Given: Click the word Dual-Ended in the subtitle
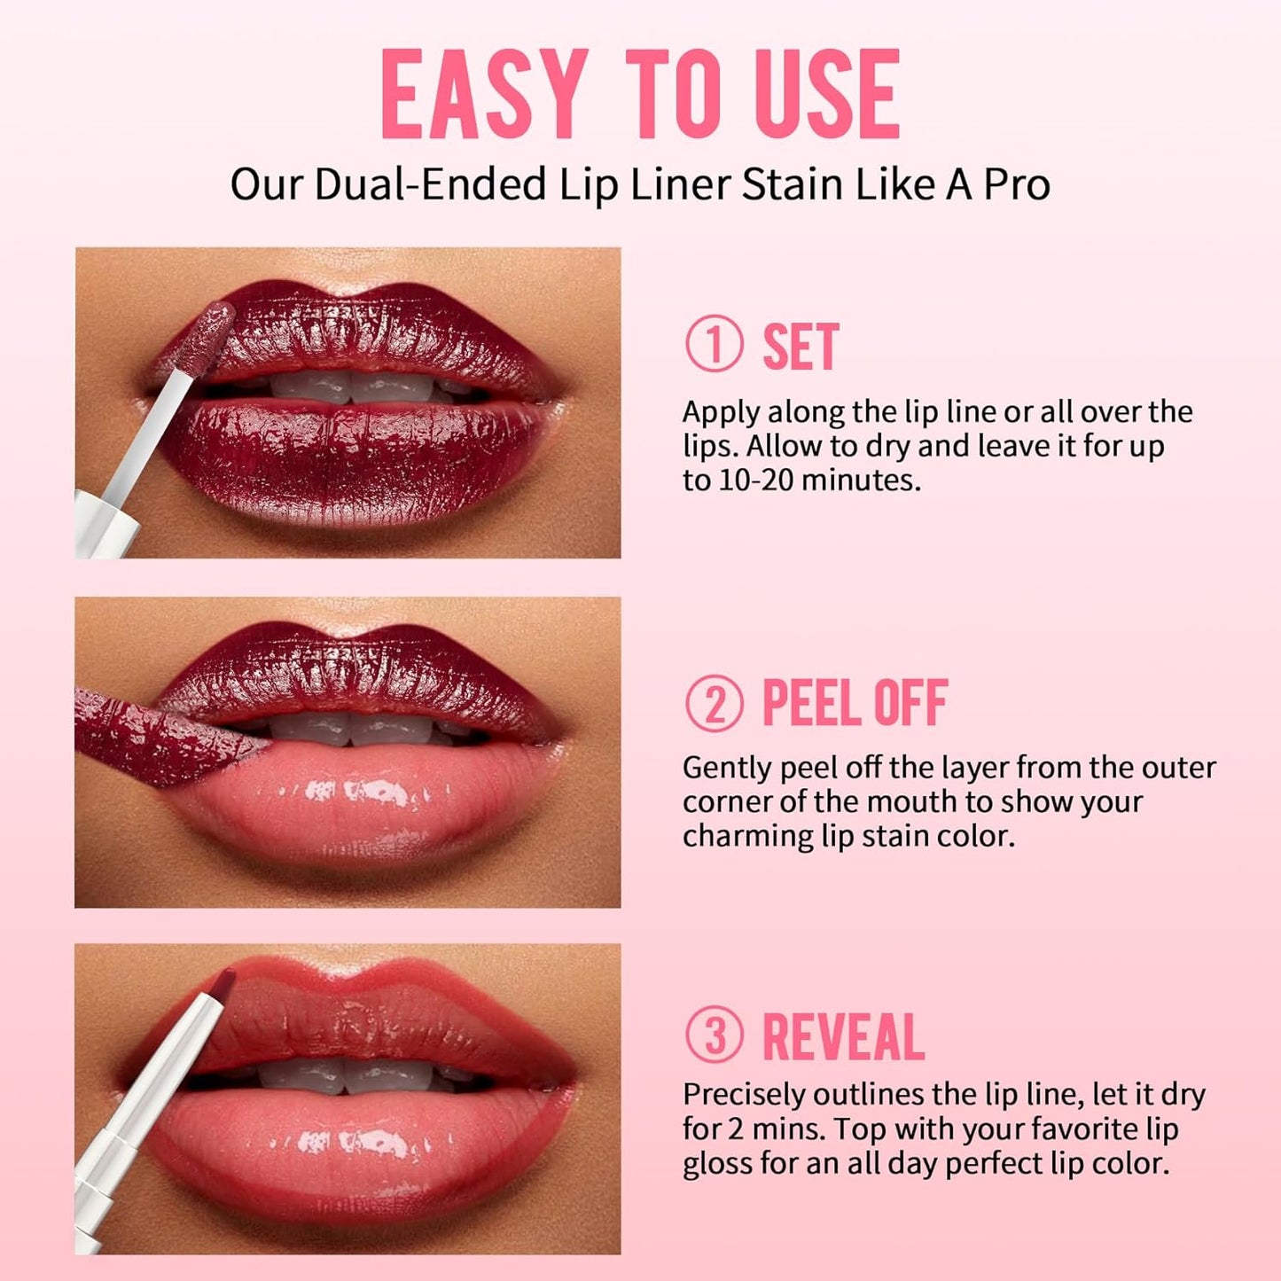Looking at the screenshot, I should (x=430, y=184).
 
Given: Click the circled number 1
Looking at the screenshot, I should (x=714, y=346).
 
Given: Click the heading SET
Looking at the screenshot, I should (x=801, y=347).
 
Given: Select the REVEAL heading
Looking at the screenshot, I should (x=843, y=1036).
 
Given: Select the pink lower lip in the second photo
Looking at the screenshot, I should (x=372, y=802).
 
